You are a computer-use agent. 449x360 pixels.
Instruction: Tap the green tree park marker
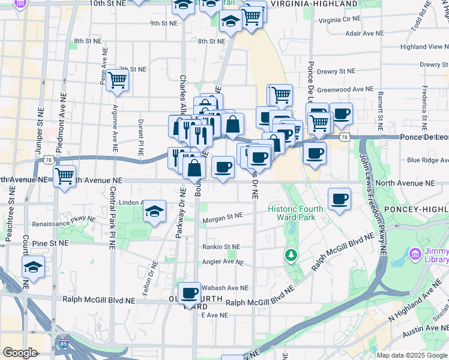tap(291, 256)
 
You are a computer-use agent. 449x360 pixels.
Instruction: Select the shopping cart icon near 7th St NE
tap(117, 80)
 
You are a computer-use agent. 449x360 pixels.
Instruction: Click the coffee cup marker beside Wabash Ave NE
tap(190, 293)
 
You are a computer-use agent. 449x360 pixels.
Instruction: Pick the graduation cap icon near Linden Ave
tap(155, 211)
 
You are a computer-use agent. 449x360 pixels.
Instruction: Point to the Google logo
tap(20, 353)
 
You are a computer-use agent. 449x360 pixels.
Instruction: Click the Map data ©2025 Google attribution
tap(412, 355)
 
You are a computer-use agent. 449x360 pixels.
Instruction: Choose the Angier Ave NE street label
tap(223, 262)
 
